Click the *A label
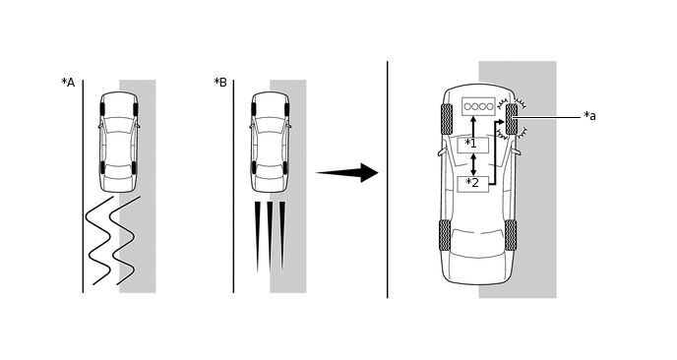pos(68,82)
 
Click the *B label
pos(220,82)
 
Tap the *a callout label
pos(589,116)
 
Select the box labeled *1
pos(473,145)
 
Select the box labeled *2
pos(473,184)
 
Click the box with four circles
pos(478,106)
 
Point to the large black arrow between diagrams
pos(347,173)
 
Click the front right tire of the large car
pos(512,119)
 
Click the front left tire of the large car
pos(447,119)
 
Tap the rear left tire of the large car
pos(445,235)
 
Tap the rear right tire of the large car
pos(511,235)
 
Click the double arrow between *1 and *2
pos(473,164)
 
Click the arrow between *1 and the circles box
pos(473,127)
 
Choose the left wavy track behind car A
pos(99,241)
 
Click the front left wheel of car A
pos(102,109)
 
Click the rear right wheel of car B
pos(285,167)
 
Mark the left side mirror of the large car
pos(442,152)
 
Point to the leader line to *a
pos(546,117)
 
